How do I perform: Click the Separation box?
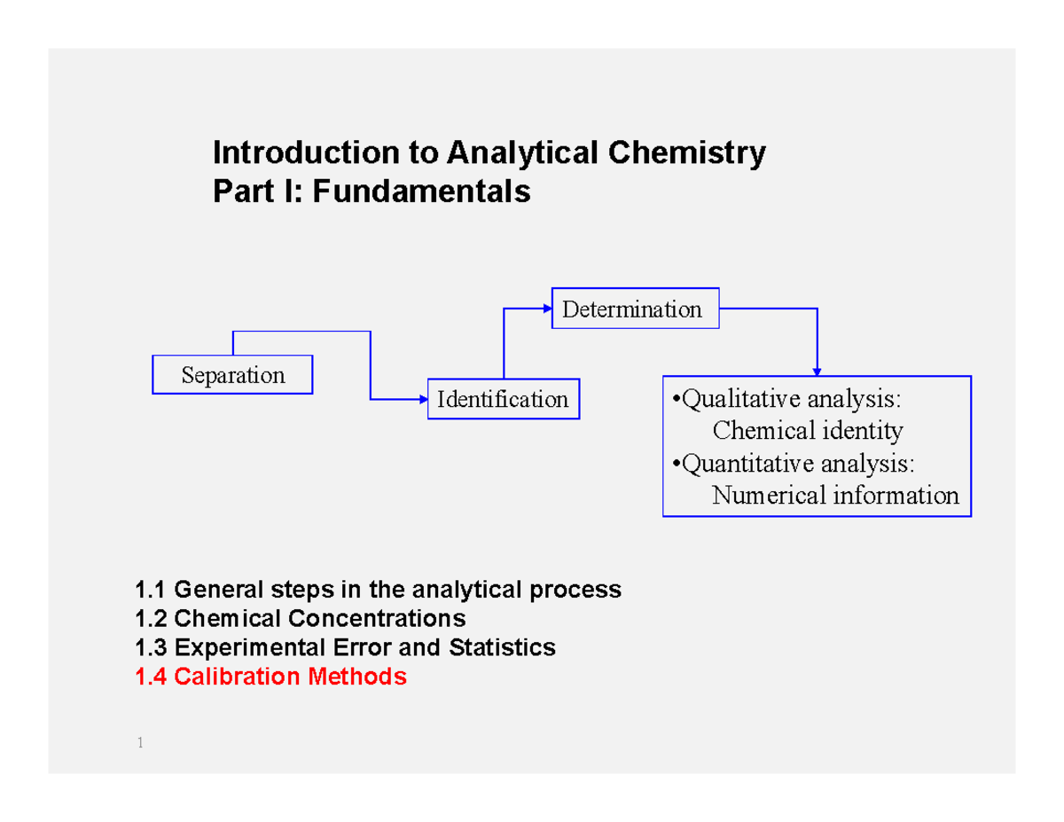pyautogui.click(x=232, y=375)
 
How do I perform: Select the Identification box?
pyautogui.click(x=503, y=399)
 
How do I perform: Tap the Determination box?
pyautogui.click(x=635, y=309)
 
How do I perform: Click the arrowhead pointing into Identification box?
pyautogui.click(x=424, y=399)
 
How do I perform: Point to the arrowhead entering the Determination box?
pyautogui.click(x=547, y=309)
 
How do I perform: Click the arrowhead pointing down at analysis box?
pyautogui.click(x=817, y=371)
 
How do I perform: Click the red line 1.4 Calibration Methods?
pyautogui.click(x=270, y=677)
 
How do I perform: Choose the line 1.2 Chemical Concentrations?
pyautogui.click(x=299, y=618)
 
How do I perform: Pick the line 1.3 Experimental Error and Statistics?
pyautogui.click(x=344, y=647)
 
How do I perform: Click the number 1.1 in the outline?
pyautogui.click(x=149, y=589)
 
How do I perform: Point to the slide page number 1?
pyautogui.click(x=140, y=743)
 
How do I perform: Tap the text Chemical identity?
pyautogui.click(x=808, y=431)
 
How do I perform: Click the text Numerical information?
pyautogui.click(x=835, y=495)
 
